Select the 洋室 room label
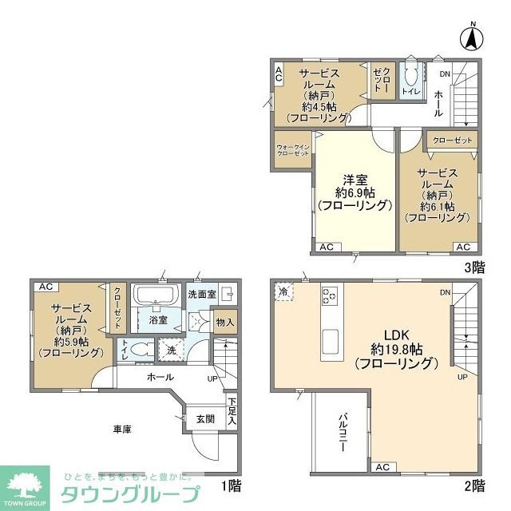(x=355, y=180)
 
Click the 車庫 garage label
(x=121, y=429)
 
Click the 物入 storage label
(x=224, y=323)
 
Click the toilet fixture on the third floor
(x=412, y=80)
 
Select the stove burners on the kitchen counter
(x=329, y=297)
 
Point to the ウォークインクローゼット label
(x=292, y=150)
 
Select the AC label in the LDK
(x=382, y=467)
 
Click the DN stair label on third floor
(x=445, y=74)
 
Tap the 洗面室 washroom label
(x=202, y=294)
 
